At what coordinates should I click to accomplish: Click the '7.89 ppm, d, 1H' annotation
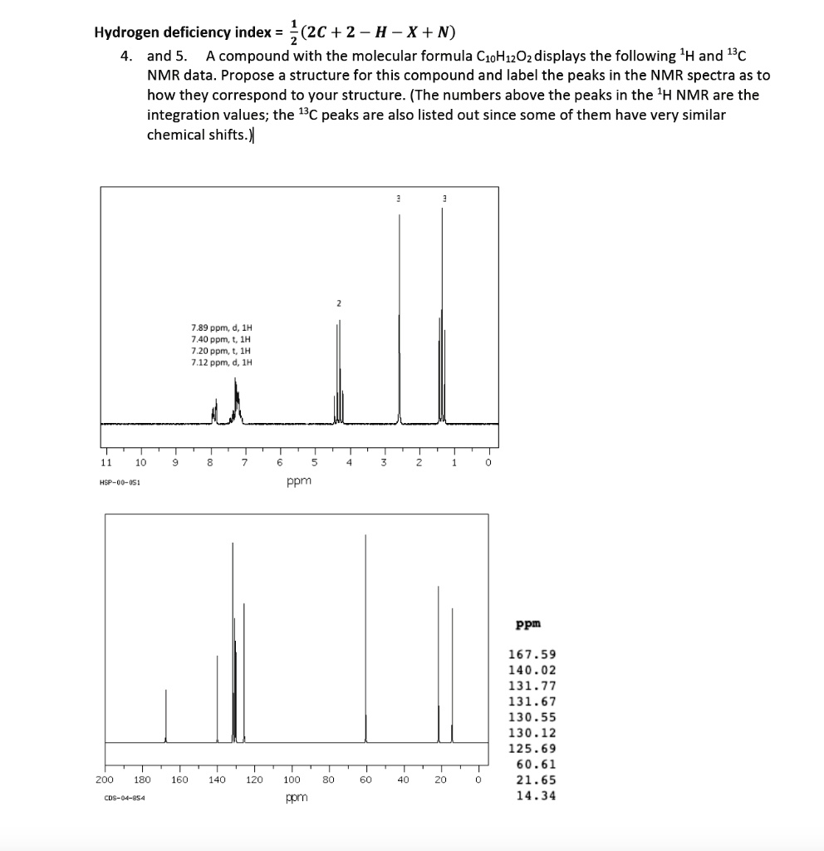(x=220, y=328)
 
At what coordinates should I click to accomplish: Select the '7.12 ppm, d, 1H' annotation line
(x=220, y=362)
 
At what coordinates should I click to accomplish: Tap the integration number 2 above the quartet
(x=338, y=303)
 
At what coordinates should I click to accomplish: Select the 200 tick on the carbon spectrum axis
(x=104, y=780)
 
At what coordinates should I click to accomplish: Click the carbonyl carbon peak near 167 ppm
(x=165, y=715)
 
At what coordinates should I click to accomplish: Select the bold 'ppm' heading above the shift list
(x=528, y=623)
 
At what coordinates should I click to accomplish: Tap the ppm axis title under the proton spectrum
(x=298, y=480)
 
